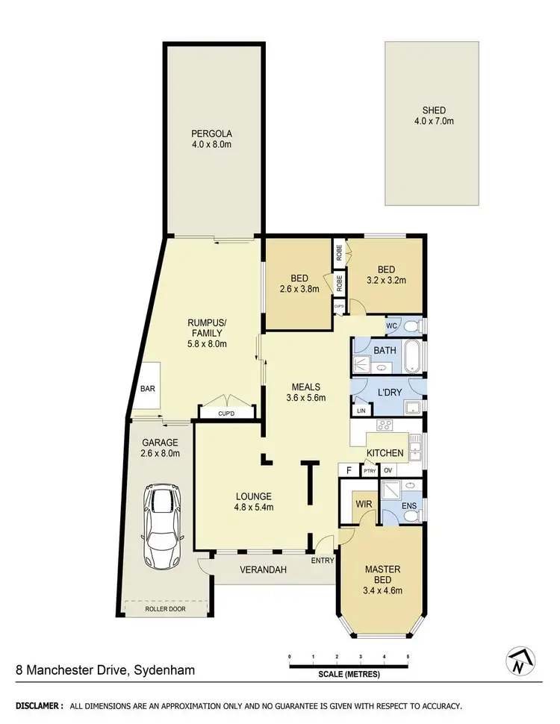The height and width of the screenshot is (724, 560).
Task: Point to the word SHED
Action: (x=429, y=110)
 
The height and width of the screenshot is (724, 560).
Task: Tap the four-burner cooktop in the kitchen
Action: (x=385, y=425)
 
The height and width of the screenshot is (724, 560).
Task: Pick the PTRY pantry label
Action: (x=369, y=470)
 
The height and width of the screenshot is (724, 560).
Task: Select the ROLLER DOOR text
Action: (x=166, y=609)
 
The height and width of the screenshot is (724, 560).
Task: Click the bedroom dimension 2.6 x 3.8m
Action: (x=299, y=289)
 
